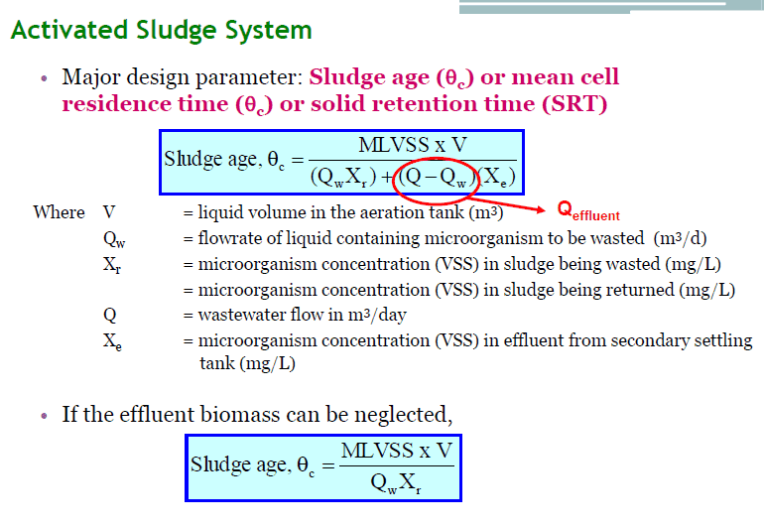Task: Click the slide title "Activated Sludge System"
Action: coord(162,31)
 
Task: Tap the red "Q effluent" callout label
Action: coord(588,211)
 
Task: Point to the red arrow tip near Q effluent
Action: coord(545,210)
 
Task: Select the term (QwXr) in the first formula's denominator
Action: coord(343,178)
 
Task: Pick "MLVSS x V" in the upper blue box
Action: coord(413,145)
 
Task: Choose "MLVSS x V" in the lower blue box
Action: coord(397,451)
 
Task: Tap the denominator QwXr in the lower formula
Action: coord(396,483)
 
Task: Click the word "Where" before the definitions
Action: coord(59,212)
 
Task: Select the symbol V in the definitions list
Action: coord(109,212)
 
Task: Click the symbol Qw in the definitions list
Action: coord(114,239)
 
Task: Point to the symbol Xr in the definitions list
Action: coord(112,265)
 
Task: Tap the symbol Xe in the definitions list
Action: coord(112,341)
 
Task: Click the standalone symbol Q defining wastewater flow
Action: coord(109,316)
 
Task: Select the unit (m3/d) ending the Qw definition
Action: coord(681,238)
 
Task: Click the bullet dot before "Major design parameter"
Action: coord(45,78)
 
